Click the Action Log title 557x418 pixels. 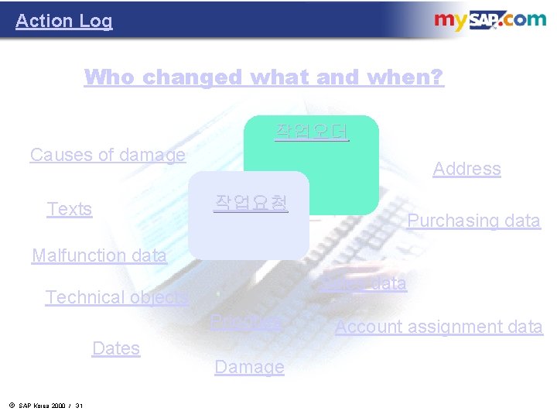[63, 21]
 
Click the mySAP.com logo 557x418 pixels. [489, 21]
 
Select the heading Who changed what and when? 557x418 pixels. [264, 77]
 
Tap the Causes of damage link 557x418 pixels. [108, 155]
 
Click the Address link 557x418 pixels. [466, 169]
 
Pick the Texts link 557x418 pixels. [70, 209]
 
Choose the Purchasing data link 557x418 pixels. [473, 221]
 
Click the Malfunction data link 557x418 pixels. [99, 255]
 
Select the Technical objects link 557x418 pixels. [117, 297]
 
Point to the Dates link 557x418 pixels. [116, 348]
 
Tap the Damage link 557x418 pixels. [249, 367]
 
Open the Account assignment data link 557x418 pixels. [439, 327]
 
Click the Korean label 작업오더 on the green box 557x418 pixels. [312, 132]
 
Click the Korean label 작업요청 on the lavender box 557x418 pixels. [251, 203]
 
